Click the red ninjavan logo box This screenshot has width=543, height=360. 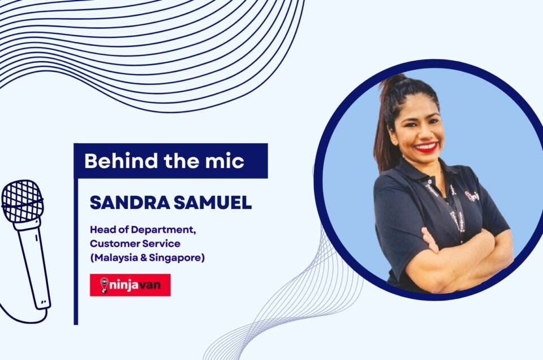pyautogui.click(x=130, y=285)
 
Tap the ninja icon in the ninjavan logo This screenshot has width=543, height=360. pyautogui.click(x=104, y=285)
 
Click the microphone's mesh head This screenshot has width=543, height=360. pyautogui.click(x=23, y=201)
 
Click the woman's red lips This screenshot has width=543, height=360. pyautogui.click(x=426, y=147)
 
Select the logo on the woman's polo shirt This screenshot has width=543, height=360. pyautogui.click(x=472, y=196)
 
